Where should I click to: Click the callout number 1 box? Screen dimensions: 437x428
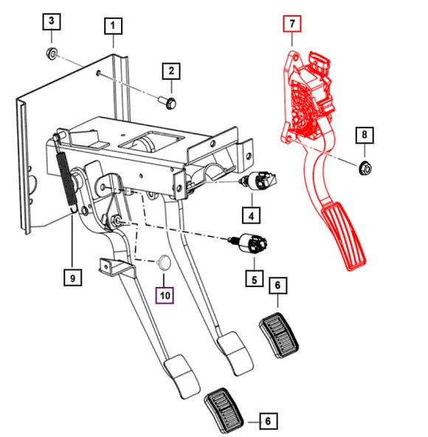tap(113, 28)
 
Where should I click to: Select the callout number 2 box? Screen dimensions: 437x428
tap(171, 71)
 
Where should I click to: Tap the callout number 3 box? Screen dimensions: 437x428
tap(51, 21)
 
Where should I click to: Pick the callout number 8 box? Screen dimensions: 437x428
tap(363, 135)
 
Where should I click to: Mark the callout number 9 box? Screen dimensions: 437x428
tap(72, 278)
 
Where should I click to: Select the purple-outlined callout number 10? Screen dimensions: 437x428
tap(164, 295)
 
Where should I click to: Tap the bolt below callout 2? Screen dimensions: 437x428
tap(166, 100)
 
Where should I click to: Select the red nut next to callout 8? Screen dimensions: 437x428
tap(364, 169)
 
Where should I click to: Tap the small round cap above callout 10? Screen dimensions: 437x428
tap(165, 262)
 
